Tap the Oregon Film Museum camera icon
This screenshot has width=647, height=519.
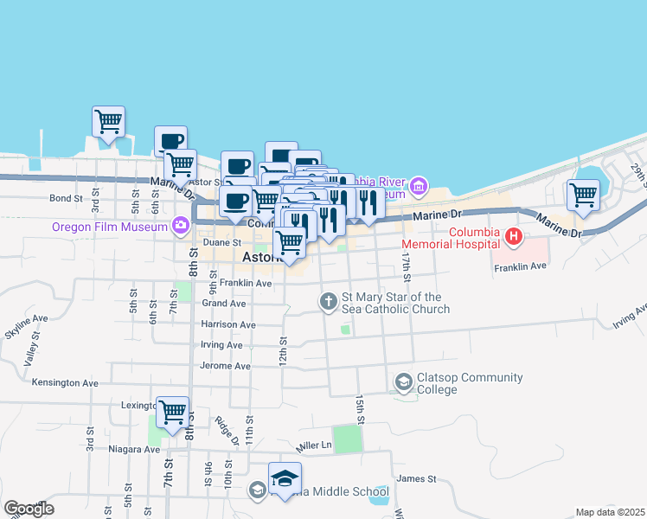point(181,227)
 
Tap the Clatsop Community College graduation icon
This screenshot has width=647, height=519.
point(403,381)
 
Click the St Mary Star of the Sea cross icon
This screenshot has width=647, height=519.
point(328,302)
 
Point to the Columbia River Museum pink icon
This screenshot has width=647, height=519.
point(419,186)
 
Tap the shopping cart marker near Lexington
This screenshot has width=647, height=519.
point(173,411)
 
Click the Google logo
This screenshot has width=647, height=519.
point(29,509)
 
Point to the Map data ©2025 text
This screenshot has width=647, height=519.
point(609,512)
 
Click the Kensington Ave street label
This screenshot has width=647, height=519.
point(65,382)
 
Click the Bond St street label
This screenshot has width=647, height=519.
point(66,198)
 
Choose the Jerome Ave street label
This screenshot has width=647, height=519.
point(226,366)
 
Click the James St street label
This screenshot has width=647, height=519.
point(413,478)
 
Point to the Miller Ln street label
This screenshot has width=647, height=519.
point(314,445)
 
